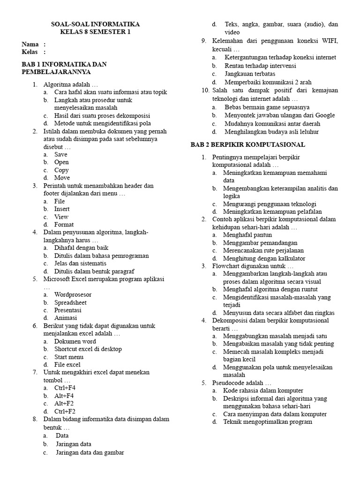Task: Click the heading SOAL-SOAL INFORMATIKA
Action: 95,24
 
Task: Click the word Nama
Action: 30,44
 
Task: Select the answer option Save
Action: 61,154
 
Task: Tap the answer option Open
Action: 61,162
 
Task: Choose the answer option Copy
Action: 61,170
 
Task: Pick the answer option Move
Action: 62,178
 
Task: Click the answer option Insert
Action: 62,209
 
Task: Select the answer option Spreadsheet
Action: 70,302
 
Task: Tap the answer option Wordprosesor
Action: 73,295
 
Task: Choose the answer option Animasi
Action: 66,318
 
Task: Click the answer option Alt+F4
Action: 64,396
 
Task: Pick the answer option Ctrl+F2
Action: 65,411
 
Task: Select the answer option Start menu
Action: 68,357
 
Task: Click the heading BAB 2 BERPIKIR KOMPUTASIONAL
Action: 247,144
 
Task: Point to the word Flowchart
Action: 227,266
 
